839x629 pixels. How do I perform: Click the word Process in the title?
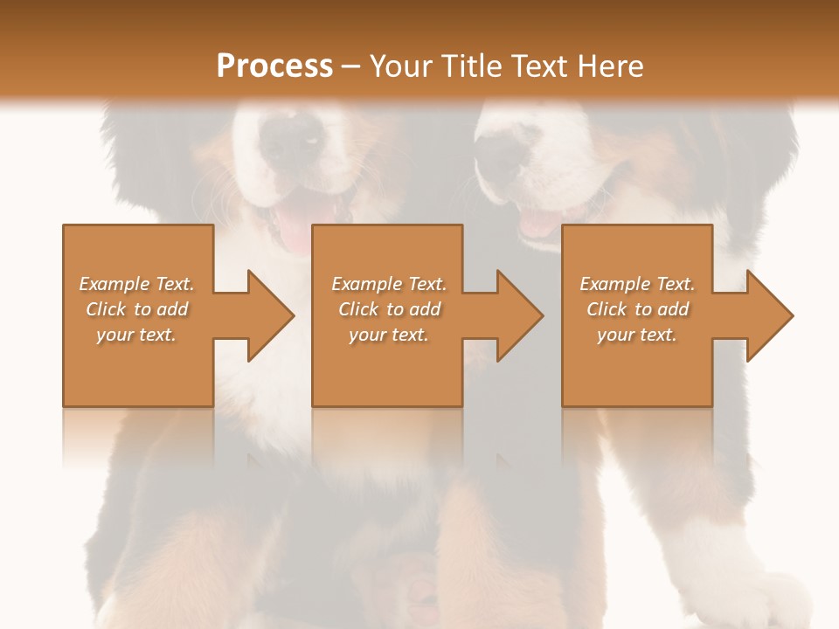point(274,66)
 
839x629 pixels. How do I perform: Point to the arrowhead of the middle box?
point(519,315)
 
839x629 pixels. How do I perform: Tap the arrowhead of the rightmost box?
point(769,315)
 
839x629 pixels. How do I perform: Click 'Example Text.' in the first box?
point(136,284)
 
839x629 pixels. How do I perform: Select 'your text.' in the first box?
point(136,335)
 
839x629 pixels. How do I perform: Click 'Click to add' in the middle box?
point(389,309)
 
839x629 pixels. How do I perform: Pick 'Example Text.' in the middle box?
point(389,284)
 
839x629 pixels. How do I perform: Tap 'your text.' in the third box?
point(637,335)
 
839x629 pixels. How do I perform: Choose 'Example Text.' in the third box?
point(637,284)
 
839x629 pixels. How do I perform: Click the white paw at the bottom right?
point(769,603)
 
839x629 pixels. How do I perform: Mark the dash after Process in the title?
point(350,67)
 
